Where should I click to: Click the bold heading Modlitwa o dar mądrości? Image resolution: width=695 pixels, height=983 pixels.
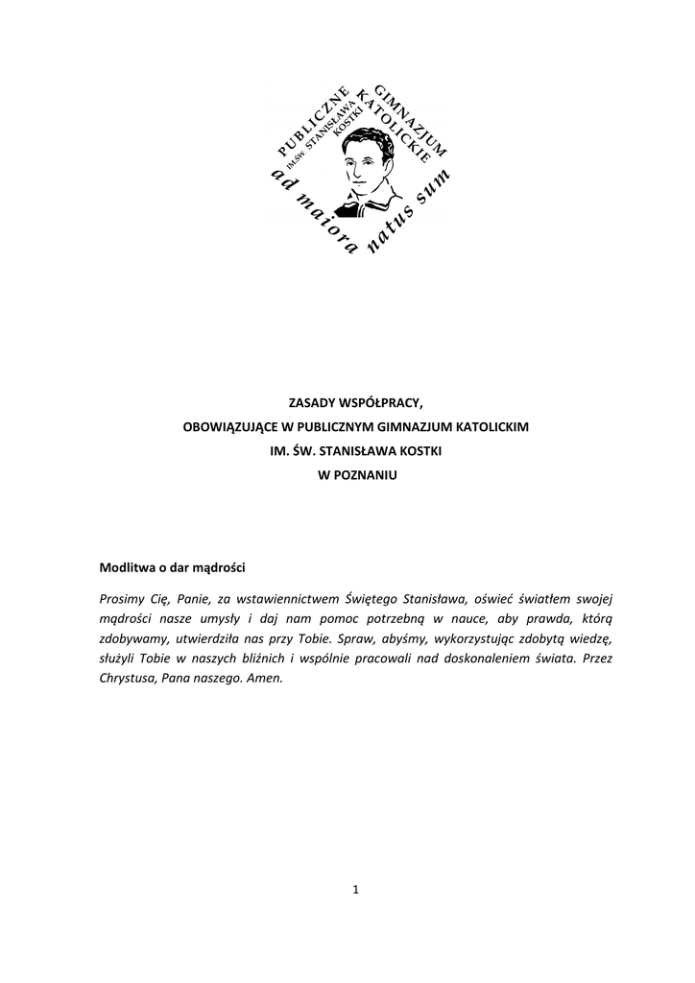pyautogui.click(x=173, y=566)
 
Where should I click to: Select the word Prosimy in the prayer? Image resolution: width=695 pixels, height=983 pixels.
pyautogui.click(x=121, y=599)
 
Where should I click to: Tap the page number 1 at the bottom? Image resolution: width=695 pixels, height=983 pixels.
pyautogui.click(x=355, y=889)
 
